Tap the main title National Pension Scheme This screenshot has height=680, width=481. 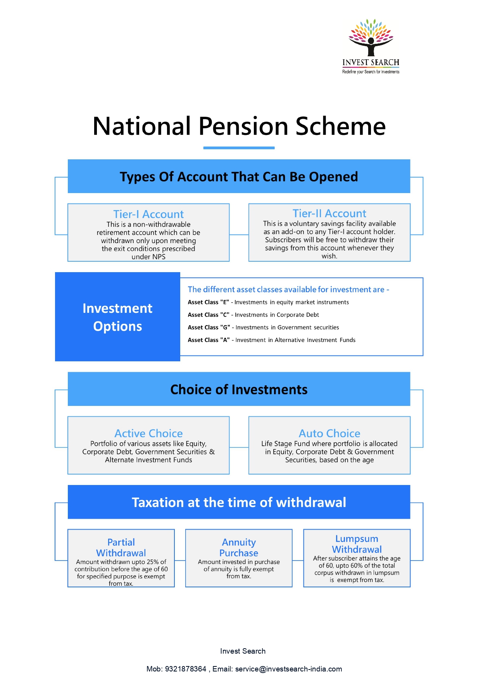tap(239, 126)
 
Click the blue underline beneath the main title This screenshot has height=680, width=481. tap(239, 148)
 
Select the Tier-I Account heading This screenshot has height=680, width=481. tap(148, 214)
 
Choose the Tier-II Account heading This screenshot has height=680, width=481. tap(329, 213)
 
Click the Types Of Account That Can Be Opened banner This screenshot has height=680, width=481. tap(239, 176)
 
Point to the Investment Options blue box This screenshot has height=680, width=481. tap(117, 317)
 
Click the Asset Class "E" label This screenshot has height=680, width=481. tap(209, 302)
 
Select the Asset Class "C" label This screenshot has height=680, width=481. tap(209, 315)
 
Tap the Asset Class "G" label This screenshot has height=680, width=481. tap(209, 328)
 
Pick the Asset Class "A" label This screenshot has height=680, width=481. tap(209, 340)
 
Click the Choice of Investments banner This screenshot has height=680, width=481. tap(239, 389)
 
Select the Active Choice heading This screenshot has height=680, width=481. tap(148, 433)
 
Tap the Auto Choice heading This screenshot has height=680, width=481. tap(329, 433)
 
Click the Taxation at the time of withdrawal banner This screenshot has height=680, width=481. tap(239, 502)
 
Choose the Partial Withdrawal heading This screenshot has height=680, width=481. tap(121, 547)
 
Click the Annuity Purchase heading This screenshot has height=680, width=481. tap(239, 547)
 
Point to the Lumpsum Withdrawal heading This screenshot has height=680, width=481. tap(357, 544)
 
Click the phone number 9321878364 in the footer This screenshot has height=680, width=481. tap(186, 669)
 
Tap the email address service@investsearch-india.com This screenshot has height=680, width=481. tap(289, 669)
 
